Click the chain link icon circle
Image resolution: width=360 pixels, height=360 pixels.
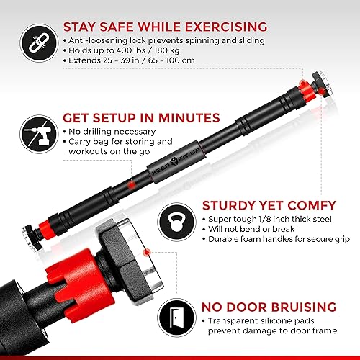click(35, 42)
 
